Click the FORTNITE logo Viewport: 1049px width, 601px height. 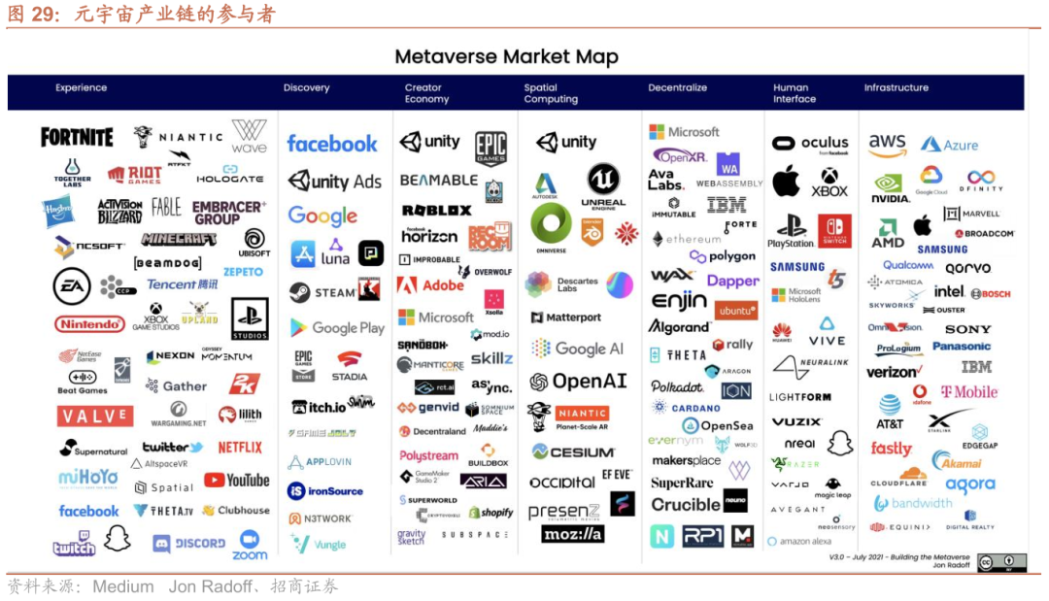pyautogui.click(x=77, y=137)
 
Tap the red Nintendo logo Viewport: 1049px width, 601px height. pyautogui.click(x=89, y=323)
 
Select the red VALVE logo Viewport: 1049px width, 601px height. pyautogui.click(x=94, y=417)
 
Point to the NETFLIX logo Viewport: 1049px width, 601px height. pyautogui.click(x=240, y=448)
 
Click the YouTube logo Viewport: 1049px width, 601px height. pyautogui.click(x=236, y=480)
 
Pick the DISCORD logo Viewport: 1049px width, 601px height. pyautogui.click(x=189, y=544)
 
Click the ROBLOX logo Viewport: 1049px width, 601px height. pyautogui.click(x=436, y=210)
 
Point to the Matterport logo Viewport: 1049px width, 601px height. pyautogui.click(x=566, y=317)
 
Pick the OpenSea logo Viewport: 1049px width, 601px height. pyautogui.click(x=718, y=425)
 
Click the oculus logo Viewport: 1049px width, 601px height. pyautogui.click(x=811, y=144)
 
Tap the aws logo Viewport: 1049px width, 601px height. pyautogui.click(x=887, y=145)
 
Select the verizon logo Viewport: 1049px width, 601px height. pyautogui.click(x=892, y=372)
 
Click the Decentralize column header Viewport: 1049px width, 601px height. pyautogui.click(x=677, y=88)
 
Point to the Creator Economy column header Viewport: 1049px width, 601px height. pyautogui.click(x=426, y=93)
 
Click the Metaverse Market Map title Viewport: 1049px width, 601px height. pyautogui.click(x=506, y=57)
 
